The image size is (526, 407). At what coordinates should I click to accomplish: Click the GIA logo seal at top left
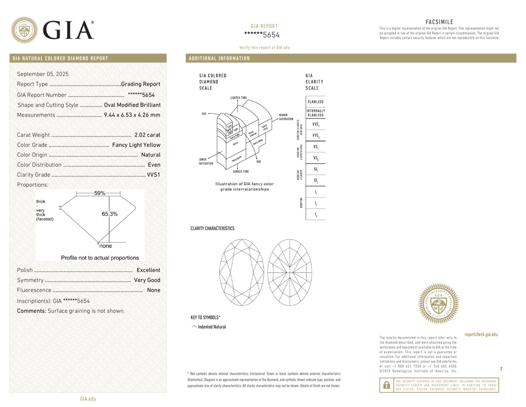pyautogui.click(x=24, y=30)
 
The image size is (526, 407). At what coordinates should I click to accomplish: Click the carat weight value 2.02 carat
pyautogui.click(x=147, y=135)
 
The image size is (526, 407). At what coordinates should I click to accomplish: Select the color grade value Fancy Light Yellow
pyautogui.click(x=136, y=145)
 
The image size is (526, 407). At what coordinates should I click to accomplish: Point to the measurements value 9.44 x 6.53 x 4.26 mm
pyautogui.click(x=132, y=115)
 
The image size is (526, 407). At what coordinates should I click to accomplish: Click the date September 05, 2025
pyautogui.click(x=43, y=74)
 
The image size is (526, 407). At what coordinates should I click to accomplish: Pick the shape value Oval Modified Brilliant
pyautogui.click(x=132, y=105)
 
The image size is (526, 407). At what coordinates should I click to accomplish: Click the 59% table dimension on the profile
pyautogui.click(x=100, y=193)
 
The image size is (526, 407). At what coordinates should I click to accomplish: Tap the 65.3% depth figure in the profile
pyautogui.click(x=110, y=214)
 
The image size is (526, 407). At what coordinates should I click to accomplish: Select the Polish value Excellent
pyautogui.click(x=148, y=270)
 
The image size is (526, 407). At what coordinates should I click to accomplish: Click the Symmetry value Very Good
pyautogui.click(x=147, y=280)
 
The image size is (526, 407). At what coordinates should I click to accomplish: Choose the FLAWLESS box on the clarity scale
pyautogui.click(x=316, y=102)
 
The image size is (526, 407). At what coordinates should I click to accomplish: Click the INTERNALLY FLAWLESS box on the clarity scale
pyautogui.click(x=316, y=113)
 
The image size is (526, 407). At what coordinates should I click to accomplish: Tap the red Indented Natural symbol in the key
pyautogui.click(x=194, y=327)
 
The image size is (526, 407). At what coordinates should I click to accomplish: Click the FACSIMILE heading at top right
pyautogui.click(x=439, y=22)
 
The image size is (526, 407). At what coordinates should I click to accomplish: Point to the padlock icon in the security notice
pyautogui.click(x=386, y=385)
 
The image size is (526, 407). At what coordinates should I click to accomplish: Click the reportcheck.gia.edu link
pyautogui.click(x=481, y=335)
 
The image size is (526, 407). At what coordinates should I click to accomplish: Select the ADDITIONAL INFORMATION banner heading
pyautogui.click(x=219, y=58)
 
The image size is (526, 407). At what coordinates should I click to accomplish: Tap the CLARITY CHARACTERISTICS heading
pyautogui.click(x=212, y=228)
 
